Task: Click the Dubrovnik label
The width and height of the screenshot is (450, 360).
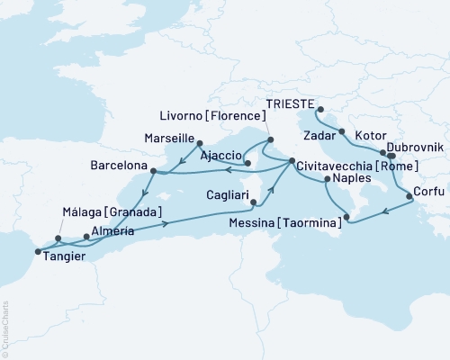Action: point(411,148)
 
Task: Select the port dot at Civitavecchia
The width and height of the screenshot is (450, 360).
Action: point(290,163)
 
